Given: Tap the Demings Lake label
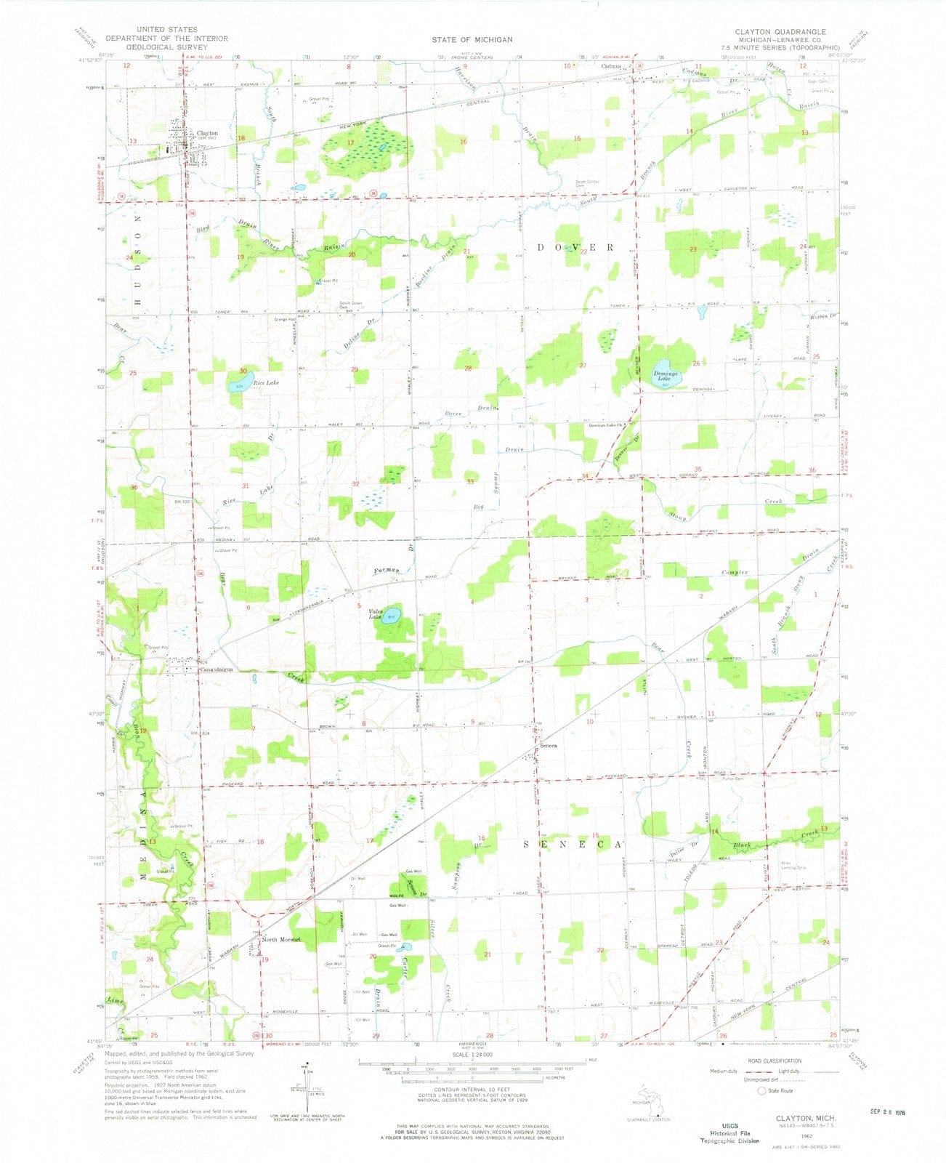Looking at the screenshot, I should (665, 377).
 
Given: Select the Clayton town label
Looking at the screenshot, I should (208, 134).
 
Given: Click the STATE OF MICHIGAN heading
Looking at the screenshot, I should (472, 39).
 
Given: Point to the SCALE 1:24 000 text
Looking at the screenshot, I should (472, 1054).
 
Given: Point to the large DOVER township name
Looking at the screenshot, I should (584, 247).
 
